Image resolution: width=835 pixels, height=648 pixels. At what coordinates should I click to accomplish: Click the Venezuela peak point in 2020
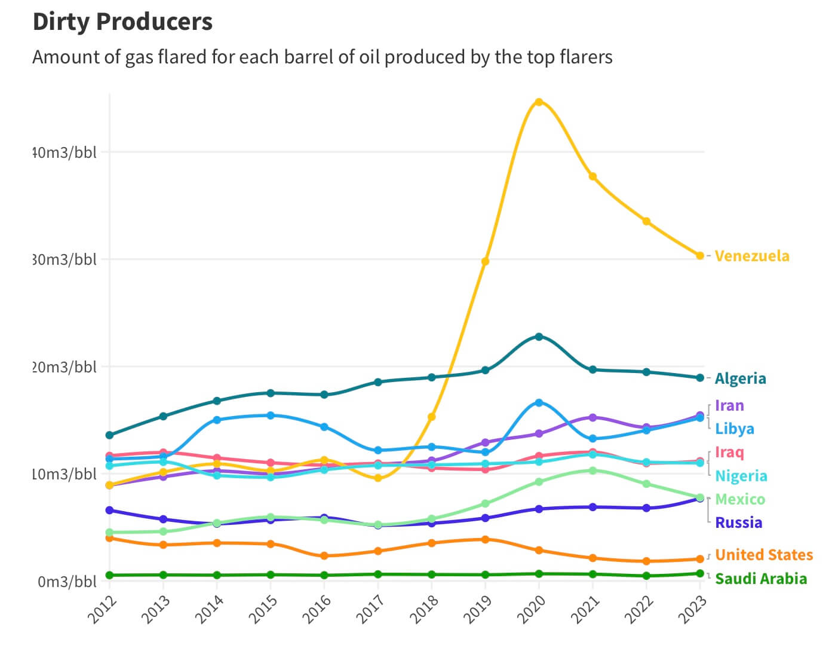click(x=539, y=102)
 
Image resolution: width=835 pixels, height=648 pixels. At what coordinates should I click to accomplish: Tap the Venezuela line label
click(x=751, y=256)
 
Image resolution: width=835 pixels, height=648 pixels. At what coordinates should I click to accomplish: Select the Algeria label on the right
click(x=740, y=378)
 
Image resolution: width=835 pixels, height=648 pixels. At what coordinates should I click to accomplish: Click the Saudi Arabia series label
click(x=760, y=579)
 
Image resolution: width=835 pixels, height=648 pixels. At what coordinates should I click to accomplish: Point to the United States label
click(x=763, y=555)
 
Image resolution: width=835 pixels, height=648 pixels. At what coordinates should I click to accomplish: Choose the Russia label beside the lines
click(x=738, y=523)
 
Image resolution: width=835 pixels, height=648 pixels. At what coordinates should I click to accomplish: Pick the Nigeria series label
click(x=741, y=476)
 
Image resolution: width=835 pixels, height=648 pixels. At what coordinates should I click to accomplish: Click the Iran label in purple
click(x=729, y=405)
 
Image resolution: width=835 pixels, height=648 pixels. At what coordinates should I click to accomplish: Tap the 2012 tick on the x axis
click(x=102, y=610)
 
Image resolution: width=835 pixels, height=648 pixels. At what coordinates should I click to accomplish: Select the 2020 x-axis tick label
click(x=531, y=610)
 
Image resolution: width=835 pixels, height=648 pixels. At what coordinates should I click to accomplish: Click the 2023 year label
click(x=692, y=610)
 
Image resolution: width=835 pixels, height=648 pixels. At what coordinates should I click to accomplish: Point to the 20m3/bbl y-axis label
click(x=65, y=367)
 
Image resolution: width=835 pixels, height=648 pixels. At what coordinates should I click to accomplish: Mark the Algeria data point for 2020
click(x=539, y=337)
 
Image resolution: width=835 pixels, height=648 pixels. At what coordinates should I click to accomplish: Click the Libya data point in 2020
click(x=539, y=403)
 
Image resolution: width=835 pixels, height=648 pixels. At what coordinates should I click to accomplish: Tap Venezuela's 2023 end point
click(x=700, y=256)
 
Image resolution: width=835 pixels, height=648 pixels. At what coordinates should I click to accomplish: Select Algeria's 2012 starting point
click(x=109, y=435)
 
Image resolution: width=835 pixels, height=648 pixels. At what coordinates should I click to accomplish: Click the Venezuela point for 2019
click(x=485, y=261)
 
